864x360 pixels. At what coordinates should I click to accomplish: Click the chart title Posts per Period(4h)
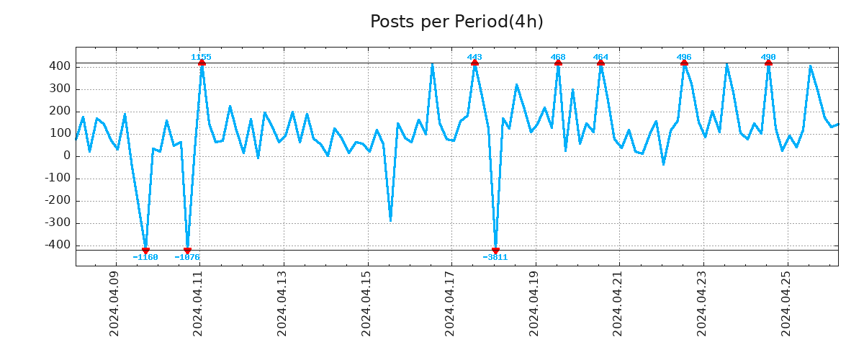click(x=456, y=22)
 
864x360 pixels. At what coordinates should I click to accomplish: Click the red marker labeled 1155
click(x=202, y=63)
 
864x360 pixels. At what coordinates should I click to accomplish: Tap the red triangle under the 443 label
click(x=474, y=63)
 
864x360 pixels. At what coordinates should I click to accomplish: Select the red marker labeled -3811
click(x=495, y=251)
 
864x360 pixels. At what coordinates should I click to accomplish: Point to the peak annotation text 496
click(x=684, y=57)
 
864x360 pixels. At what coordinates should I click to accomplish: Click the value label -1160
click(x=145, y=257)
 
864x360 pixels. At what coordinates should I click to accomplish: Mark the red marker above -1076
click(x=187, y=251)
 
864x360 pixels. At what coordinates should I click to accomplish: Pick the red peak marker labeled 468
click(x=558, y=63)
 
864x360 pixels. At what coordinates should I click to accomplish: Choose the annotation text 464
click(x=600, y=57)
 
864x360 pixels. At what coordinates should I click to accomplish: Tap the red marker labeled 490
click(x=768, y=63)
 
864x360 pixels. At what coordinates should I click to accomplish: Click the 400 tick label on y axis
click(x=60, y=66)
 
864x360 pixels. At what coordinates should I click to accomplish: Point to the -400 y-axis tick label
click(x=58, y=246)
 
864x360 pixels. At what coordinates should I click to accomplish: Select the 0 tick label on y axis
click(x=67, y=156)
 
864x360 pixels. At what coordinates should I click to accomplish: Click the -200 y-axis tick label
click(x=58, y=201)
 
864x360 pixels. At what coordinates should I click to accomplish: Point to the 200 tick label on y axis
click(x=60, y=112)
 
